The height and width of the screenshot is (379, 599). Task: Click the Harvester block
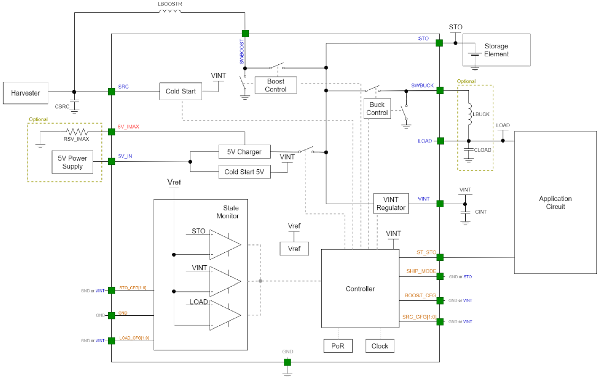pyautogui.click(x=25, y=93)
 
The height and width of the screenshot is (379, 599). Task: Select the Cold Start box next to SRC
pyautogui.click(x=181, y=91)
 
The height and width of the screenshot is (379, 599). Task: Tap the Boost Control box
pyautogui.click(x=276, y=85)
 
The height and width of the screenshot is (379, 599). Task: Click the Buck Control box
pyautogui.click(x=377, y=109)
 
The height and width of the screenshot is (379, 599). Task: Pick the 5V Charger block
pyautogui.click(x=244, y=152)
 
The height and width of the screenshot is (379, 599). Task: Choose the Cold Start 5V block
pyautogui.click(x=244, y=172)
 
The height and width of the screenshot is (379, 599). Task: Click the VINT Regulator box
pyautogui.click(x=391, y=203)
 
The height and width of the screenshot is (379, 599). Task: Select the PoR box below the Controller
pyautogui.click(x=338, y=346)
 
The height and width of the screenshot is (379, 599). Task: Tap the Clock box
pyautogui.click(x=380, y=346)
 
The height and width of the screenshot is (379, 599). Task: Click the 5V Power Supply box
pyautogui.click(x=72, y=162)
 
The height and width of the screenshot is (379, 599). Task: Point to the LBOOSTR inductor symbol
pyautogui.click(x=170, y=11)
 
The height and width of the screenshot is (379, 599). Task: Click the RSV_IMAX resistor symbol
pyautogui.click(x=77, y=131)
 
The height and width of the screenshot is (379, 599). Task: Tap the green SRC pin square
pyautogui.click(x=112, y=92)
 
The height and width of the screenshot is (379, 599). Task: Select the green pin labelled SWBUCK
pyautogui.click(x=440, y=90)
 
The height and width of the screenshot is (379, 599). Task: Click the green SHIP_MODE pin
pyautogui.click(x=440, y=276)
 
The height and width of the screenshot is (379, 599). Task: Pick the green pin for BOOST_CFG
pyautogui.click(x=440, y=300)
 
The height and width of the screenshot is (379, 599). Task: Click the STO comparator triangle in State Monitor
pyautogui.click(x=224, y=245)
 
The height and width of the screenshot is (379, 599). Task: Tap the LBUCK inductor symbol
pyautogui.click(x=469, y=114)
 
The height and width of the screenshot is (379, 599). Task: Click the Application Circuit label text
pyautogui.click(x=555, y=202)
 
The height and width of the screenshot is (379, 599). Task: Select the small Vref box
pyautogui.click(x=294, y=249)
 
